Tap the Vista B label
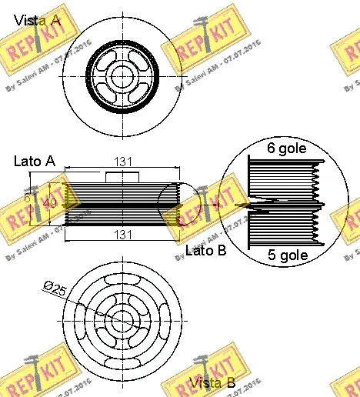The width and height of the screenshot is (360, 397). tap(212, 382)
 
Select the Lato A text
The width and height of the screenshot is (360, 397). tap(35, 161)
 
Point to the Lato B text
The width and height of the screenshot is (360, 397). tap(206, 251)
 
